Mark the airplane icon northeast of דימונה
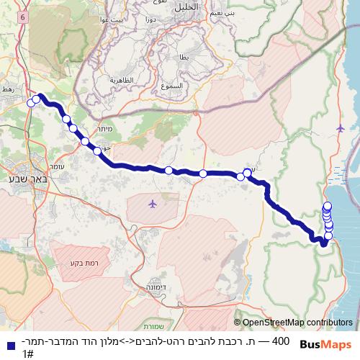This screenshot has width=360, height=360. point(152,204)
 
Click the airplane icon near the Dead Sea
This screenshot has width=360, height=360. point(341,128)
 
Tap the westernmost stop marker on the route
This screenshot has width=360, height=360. point(31,103)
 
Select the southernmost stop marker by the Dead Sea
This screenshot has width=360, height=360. point(329,235)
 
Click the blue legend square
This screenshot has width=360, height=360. point(9,345)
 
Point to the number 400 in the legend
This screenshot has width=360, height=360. point(282,340)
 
